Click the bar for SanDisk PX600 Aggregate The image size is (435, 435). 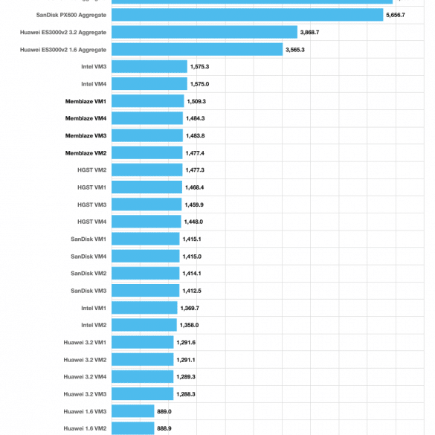pos(248,15)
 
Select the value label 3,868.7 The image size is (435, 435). pos(309,33)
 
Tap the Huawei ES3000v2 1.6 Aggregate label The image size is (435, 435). pos(63,50)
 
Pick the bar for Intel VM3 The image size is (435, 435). pos(149,67)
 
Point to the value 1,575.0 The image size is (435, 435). pos(199,84)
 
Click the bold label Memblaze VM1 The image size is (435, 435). pos(86,102)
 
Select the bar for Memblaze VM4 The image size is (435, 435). pos(147,118)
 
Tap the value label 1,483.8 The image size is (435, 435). pos(196,135)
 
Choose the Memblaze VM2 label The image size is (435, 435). pos(86,153)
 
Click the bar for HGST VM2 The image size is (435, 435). pos(147,170)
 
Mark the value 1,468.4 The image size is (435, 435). pos(195,187)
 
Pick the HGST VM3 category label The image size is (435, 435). pos(91,204)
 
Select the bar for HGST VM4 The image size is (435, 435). pos(146,222)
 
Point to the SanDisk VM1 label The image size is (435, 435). pos(88,239)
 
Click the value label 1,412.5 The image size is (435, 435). pos(192,291)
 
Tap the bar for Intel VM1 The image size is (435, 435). pos(144,308)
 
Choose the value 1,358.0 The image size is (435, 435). pos(189,325)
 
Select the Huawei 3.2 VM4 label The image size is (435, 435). pos(85,377)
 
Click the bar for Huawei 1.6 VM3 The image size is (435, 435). pos(133,411)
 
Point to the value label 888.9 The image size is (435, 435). pos(164,428)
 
